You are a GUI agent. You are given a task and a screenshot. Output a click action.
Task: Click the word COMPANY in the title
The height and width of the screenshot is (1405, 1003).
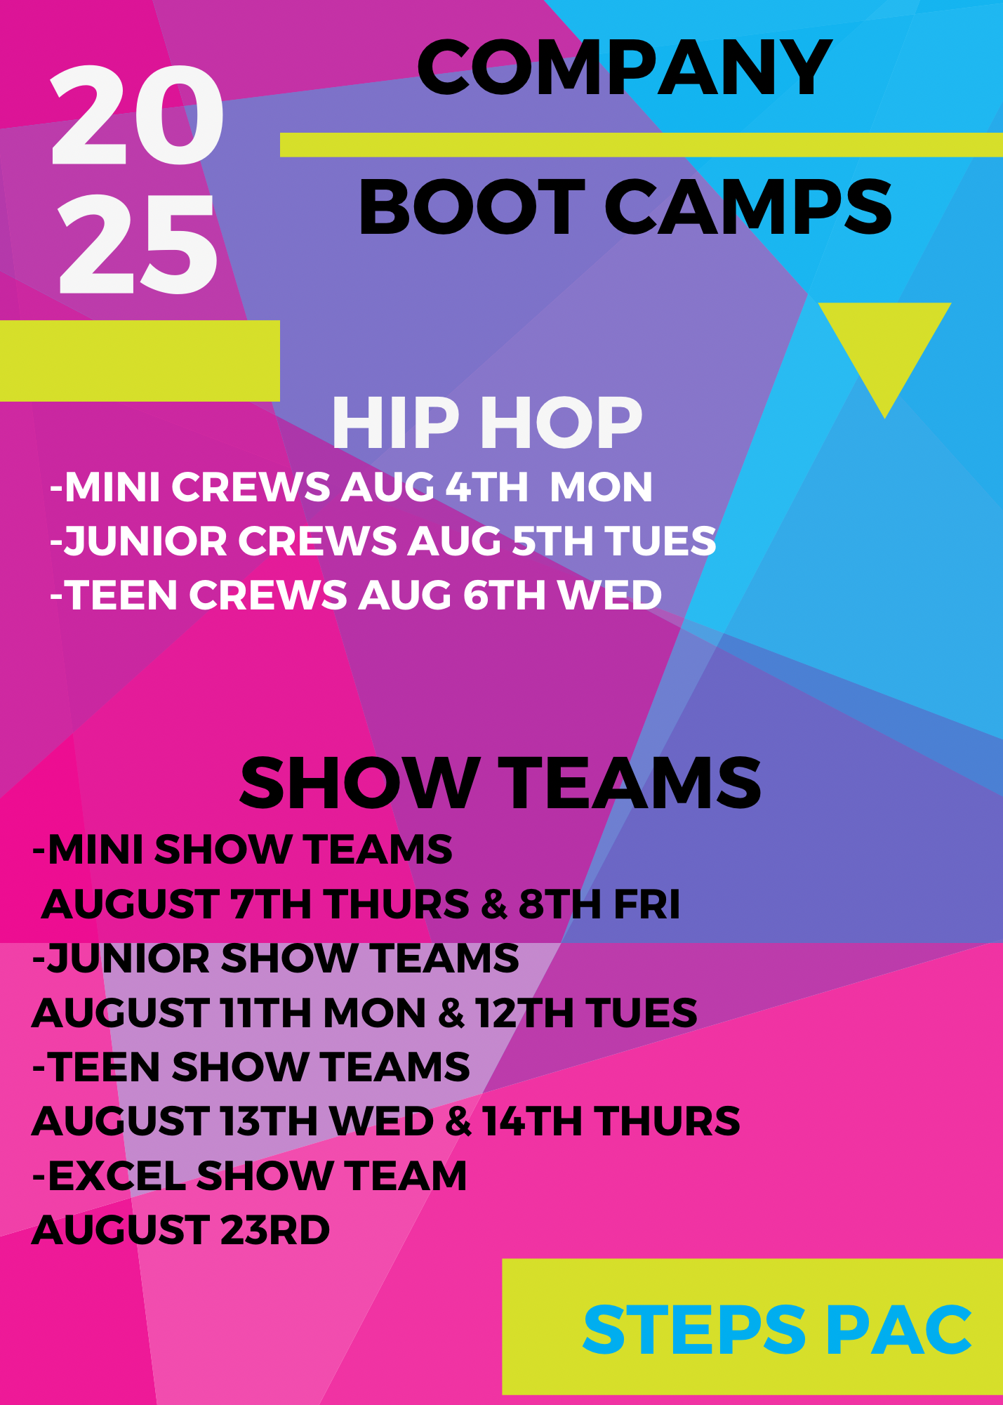click(624, 67)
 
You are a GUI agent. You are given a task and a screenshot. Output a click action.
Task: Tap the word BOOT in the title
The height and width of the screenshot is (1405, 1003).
click(472, 207)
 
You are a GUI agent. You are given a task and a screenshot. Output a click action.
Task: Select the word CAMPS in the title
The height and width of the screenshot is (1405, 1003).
click(748, 207)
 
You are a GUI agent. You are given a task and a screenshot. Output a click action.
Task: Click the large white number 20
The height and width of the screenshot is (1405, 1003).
click(137, 115)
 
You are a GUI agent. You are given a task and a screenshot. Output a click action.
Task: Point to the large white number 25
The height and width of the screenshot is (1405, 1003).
click(137, 244)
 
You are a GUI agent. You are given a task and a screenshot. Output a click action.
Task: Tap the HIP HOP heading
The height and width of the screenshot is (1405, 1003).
click(487, 423)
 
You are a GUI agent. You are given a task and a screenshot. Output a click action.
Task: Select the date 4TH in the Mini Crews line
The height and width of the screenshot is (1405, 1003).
click(487, 487)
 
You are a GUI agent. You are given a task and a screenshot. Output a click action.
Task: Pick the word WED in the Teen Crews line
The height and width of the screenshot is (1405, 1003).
click(610, 595)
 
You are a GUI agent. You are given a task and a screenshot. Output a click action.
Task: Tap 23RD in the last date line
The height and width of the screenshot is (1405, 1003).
click(274, 1229)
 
